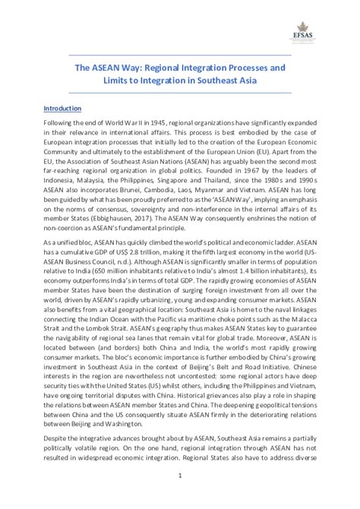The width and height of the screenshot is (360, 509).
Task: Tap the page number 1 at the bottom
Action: coord(180,476)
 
